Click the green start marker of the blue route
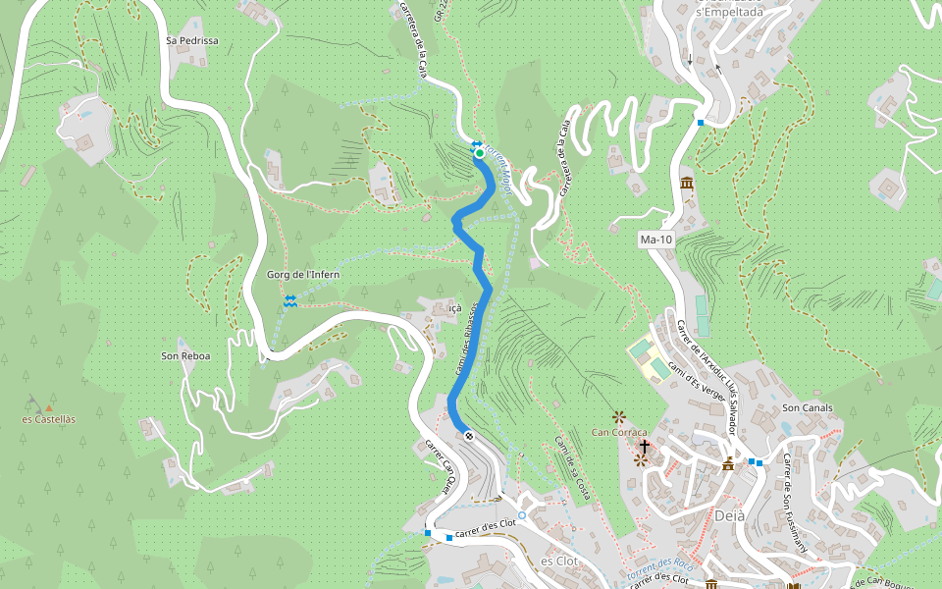[x=479, y=152]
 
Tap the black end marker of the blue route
[x=469, y=436]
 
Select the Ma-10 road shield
[x=654, y=240]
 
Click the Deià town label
[x=729, y=516]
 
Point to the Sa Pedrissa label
[x=191, y=41]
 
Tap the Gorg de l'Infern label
[x=303, y=275]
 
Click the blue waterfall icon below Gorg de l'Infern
[x=289, y=301]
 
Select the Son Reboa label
[x=185, y=355]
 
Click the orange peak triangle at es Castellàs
[x=49, y=406]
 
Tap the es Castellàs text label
[x=48, y=419]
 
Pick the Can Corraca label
[x=619, y=433]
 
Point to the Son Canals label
[x=807, y=407]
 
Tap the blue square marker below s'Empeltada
[x=700, y=123]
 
